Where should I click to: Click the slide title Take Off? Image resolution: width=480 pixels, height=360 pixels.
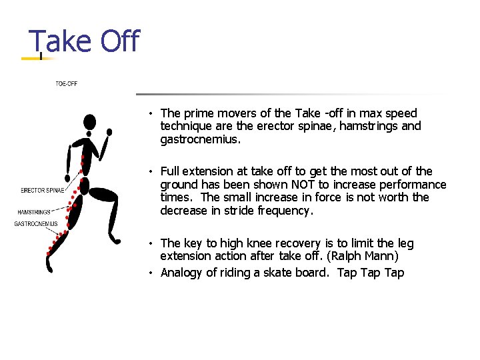coord(84,41)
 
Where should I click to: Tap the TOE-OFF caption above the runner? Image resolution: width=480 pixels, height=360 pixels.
coord(66,84)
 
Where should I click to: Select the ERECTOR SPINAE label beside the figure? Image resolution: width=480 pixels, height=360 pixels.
coord(43,191)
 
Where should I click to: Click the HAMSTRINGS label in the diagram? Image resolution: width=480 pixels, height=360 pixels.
coord(34,212)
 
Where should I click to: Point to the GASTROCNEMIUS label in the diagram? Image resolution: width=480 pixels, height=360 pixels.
coord(36,224)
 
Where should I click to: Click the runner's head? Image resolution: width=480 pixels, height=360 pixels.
coord(89,122)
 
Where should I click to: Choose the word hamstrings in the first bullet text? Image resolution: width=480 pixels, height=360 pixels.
coord(370,127)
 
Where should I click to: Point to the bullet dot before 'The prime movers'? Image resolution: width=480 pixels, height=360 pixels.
coord(153,114)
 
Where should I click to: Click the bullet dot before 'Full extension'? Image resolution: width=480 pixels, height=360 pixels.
coord(153,172)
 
